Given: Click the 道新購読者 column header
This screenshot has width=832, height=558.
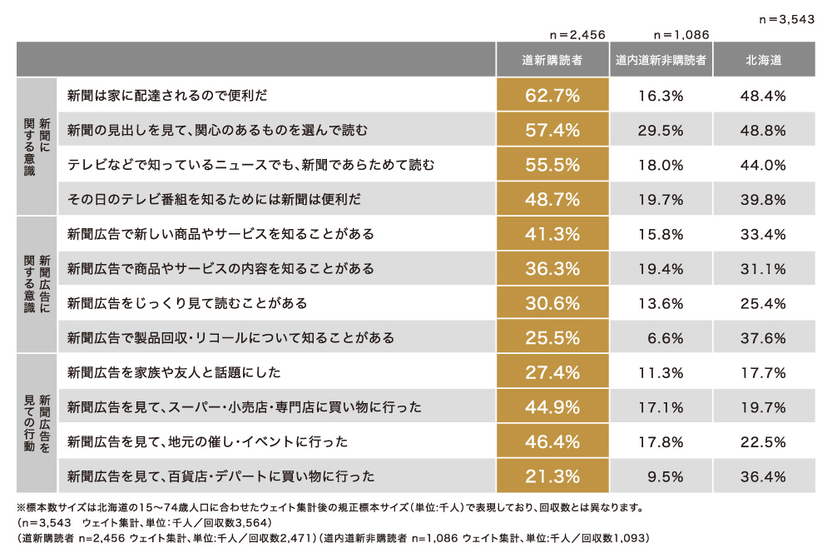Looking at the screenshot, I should point(552,60).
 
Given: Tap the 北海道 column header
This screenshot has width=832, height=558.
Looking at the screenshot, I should point(763,60).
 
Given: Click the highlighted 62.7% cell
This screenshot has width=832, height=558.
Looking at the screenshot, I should point(552,96).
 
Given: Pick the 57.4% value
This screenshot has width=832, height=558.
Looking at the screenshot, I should point(552,131).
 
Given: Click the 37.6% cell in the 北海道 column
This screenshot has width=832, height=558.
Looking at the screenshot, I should point(763,338).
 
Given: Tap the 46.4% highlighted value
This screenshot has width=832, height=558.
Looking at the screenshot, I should point(552,441).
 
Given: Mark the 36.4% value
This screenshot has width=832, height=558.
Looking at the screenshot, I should point(763,476).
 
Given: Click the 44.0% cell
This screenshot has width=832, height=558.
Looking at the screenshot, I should point(763,165).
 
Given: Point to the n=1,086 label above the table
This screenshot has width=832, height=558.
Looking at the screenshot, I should point(681,35).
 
